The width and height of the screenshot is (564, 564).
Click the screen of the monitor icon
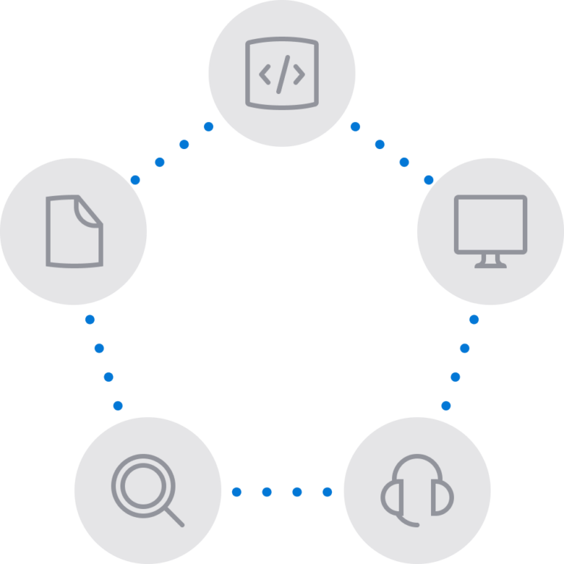tap(490, 224)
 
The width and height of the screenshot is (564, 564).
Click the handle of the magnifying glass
tap(173, 516)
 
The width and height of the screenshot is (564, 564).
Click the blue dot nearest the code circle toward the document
tap(209, 127)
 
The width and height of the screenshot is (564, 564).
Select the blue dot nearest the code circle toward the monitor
tap(355, 127)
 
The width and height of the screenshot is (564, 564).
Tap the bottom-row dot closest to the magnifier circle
tap(236, 491)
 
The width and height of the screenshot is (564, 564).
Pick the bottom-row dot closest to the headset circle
tap(328, 491)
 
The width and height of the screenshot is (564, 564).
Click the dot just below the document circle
tap(90, 319)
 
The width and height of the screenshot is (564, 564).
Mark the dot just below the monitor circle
tap(474, 319)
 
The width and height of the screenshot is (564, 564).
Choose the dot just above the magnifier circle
tap(117, 405)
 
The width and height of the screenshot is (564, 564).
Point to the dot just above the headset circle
tap(446, 405)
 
